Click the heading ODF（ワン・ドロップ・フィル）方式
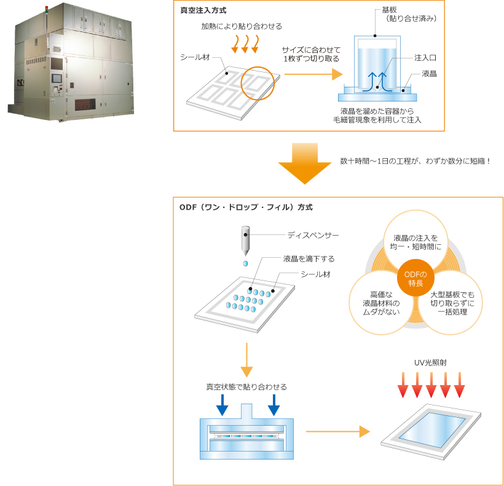[x=246, y=207]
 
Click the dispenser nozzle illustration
[x=245, y=241]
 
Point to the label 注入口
[x=425, y=57]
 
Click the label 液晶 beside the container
[x=430, y=74]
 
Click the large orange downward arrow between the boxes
[x=305, y=164]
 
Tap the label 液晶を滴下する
[x=309, y=259]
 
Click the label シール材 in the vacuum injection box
[x=195, y=57]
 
